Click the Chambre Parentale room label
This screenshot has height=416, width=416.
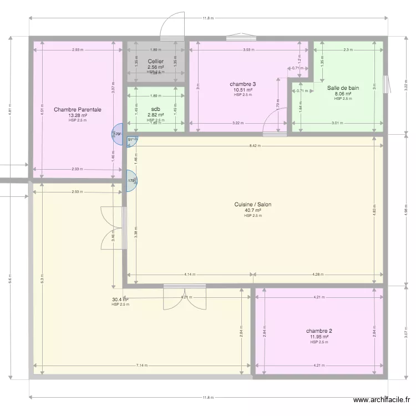coord(77,110)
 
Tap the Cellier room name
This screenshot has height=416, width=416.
coord(155,61)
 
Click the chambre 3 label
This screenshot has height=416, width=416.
coord(242,84)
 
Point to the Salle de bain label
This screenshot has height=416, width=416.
coord(343,88)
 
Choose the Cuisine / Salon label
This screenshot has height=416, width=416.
coord(252,205)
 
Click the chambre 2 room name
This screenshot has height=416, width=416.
coord(319,331)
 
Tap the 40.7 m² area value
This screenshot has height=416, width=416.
coord(252,210)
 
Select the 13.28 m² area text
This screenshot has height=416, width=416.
coord(77,115)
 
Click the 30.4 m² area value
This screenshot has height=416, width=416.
coord(120,300)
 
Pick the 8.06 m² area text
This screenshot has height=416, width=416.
coord(343,94)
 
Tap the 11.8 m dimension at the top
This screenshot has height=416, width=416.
coord(207,18)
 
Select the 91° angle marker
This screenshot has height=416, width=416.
coord(131,140)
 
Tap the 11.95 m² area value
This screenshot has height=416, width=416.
coord(319,337)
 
